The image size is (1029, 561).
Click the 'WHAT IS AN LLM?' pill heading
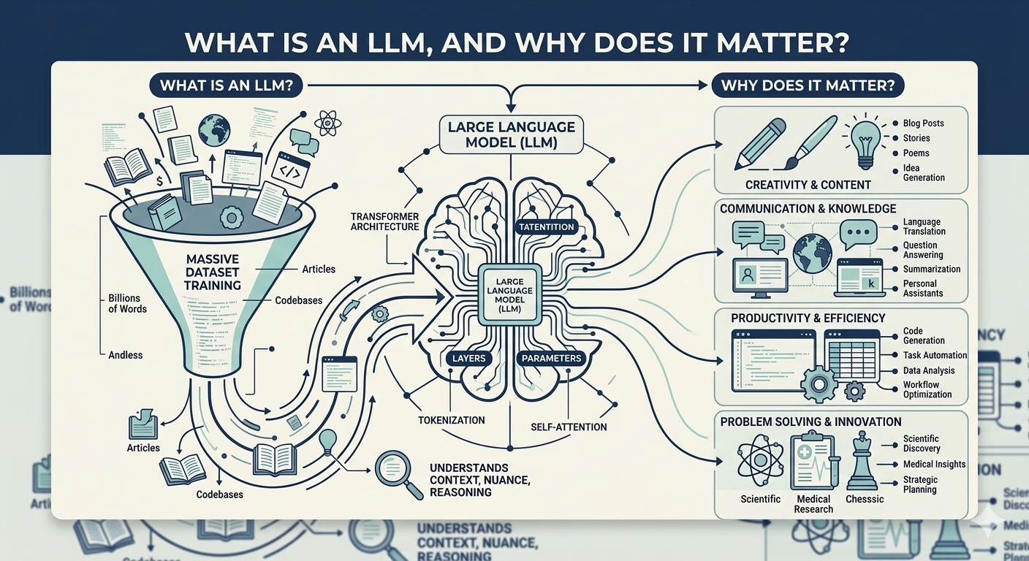pos(226,85)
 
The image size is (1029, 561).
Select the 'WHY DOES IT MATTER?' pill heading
pos(808,85)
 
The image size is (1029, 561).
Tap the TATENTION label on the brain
pos(545,226)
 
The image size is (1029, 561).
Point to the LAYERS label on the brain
pos(468,358)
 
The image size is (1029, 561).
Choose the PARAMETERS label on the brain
pos(552,358)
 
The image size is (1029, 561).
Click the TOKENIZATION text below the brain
pos(451,420)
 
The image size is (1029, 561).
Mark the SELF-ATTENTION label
pos(569,427)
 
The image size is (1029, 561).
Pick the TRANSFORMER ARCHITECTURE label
pos(384,221)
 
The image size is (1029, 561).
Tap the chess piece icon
pos(862,462)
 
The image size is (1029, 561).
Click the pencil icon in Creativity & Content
pos(760,143)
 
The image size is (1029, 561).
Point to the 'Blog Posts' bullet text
pos(923,123)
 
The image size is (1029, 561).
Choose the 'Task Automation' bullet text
pos(935,355)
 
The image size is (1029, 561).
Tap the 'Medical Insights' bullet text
pos(934,464)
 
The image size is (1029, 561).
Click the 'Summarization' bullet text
pos(932,269)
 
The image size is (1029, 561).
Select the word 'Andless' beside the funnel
pos(125,355)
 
